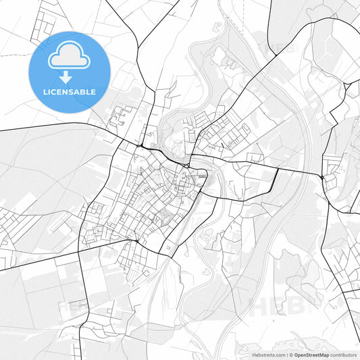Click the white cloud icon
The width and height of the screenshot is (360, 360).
tap(69, 55)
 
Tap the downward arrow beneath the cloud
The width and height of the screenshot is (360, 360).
tap(69, 76)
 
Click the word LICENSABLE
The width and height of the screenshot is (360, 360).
tap(69, 92)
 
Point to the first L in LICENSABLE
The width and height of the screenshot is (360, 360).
tap(45, 92)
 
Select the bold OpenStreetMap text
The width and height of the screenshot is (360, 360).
tap(311, 354)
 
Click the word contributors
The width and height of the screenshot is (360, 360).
tap(343, 354)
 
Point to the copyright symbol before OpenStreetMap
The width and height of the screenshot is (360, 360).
tap(291, 354)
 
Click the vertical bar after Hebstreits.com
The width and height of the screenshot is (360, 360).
tap(286, 354)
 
